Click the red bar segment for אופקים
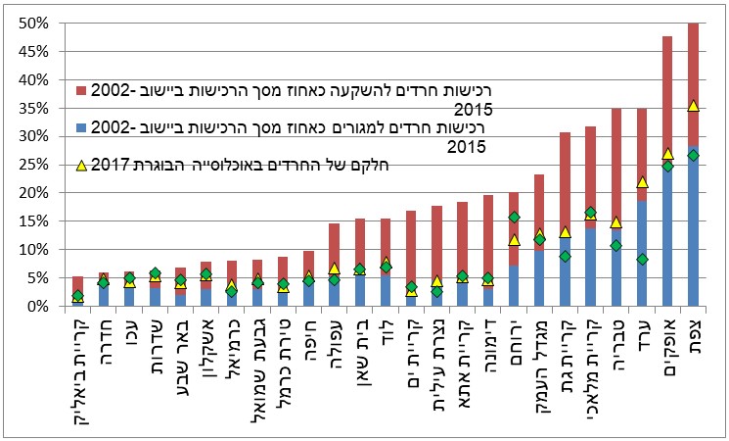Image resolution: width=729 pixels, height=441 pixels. tap(667, 98)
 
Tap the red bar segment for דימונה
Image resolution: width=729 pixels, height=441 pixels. tap(488, 235)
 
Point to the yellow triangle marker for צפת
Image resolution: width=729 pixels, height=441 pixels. tap(693, 105)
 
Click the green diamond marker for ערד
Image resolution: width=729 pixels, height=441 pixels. tap(642, 260)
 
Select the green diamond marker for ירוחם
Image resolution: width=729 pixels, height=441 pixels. tap(514, 217)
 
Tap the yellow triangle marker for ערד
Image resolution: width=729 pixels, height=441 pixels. tap(642, 182)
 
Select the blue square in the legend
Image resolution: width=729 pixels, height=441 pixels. tap(80, 128)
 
